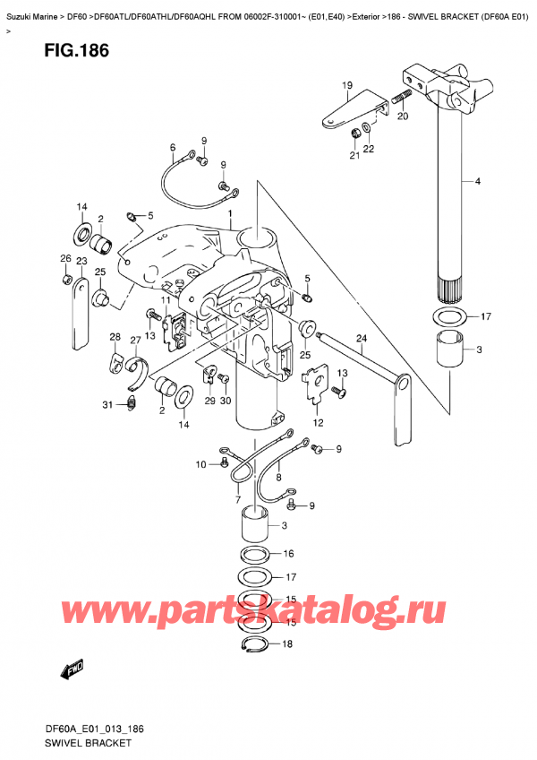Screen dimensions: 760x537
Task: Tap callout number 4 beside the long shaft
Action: pyautogui.click(x=478, y=182)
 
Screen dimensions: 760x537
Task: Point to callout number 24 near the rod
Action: pyautogui.click(x=362, y=338)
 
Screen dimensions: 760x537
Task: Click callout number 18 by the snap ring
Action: pyautogui.click(x=286, y=643)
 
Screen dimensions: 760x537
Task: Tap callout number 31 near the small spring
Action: pyautogui.click(x=107, y=405)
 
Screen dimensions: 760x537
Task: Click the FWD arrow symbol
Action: pyautogui.click(x=70, y=669)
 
